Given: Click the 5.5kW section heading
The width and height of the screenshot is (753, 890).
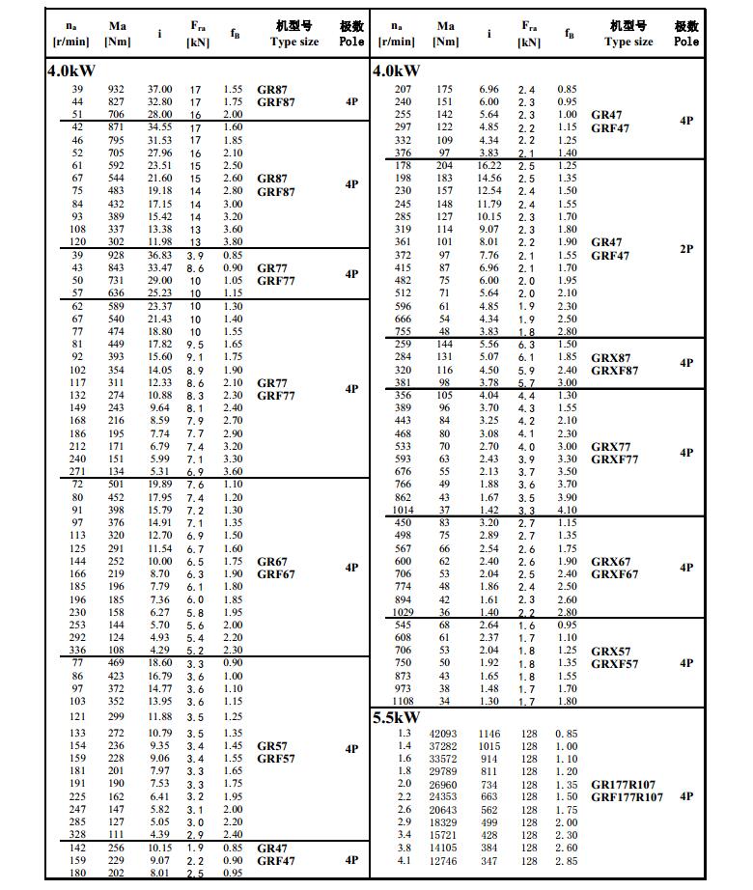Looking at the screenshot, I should [x=396, y=717].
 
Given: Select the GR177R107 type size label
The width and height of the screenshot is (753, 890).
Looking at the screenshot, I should [x=627, y=784].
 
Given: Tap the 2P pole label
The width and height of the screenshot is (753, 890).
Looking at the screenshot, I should [x=686, y=248].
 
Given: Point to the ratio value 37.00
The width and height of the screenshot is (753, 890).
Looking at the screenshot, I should [x=159, y=89].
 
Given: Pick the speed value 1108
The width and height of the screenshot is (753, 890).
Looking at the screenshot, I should [x=403, y=701].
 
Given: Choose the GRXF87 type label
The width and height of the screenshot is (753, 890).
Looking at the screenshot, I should [x=614, y=370].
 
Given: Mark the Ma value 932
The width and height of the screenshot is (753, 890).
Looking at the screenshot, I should [x=117, y=89].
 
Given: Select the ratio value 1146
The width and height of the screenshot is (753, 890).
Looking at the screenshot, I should [x=489, y=734].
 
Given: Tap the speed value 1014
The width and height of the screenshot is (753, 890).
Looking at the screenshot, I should [x=403, y=510].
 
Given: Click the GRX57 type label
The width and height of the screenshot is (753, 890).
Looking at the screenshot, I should [x=610, y=651].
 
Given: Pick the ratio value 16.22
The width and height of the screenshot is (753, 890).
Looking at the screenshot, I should [x=489, y=165].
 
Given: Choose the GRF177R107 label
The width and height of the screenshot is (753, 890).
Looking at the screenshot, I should [x=627, y=797].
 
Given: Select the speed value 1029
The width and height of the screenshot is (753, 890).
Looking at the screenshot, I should [x=403, y=611].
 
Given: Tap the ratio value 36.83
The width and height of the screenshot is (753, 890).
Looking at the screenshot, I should [x=159, y=254].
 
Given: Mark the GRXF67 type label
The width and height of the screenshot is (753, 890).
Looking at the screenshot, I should [x=614, y=574].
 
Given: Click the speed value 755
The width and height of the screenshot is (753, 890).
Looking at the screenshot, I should [x=403, y=331].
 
